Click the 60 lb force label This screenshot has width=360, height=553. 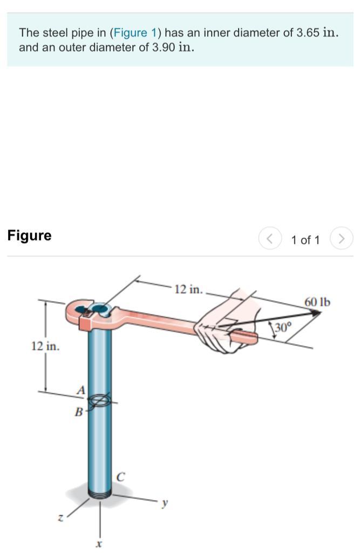click(317, 302)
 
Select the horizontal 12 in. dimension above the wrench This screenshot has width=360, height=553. click(189, 289)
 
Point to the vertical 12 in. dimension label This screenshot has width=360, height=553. click(45, 346)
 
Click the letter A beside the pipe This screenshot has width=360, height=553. click(81, 390)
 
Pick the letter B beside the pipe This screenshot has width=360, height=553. click(79, 411)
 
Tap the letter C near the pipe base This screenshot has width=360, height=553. click(120, 477)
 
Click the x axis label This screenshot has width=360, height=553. click(99, 544)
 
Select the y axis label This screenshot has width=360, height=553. click(164, 503)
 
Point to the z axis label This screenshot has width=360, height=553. click(61, 518)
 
